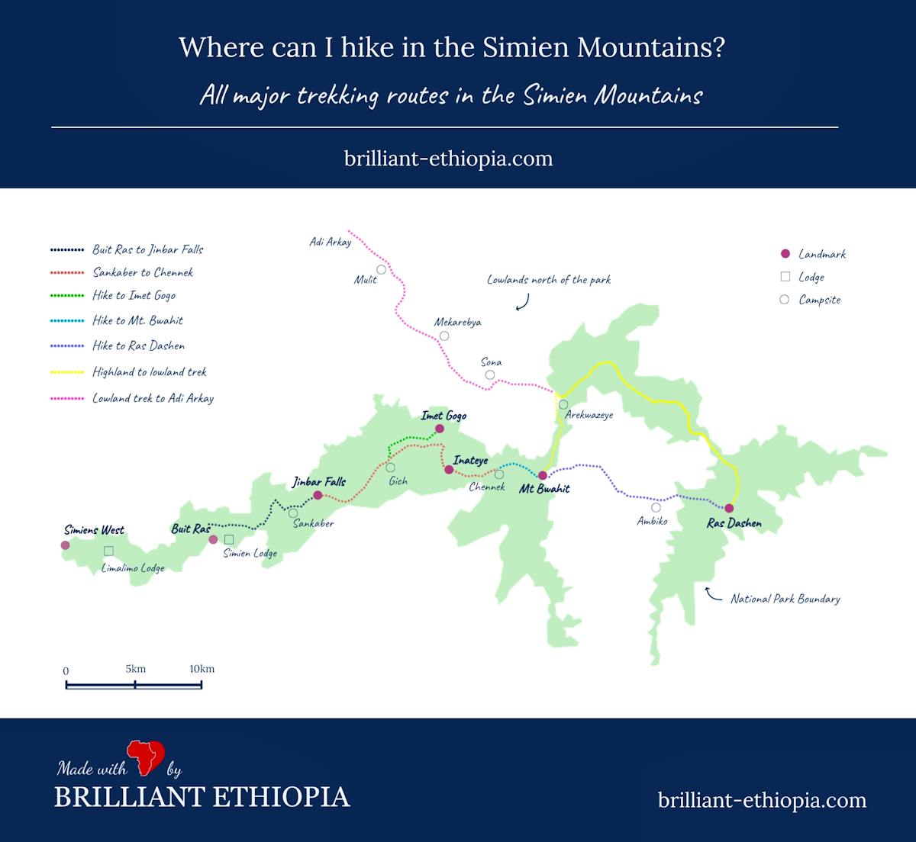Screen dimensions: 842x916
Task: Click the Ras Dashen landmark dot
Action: [729, 508]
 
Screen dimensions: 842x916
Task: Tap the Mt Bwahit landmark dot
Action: [543, 475]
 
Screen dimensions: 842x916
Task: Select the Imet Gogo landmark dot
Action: [439, 429]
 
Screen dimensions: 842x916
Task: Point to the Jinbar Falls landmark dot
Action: [318, 495]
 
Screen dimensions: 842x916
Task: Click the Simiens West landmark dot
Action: [65, 545]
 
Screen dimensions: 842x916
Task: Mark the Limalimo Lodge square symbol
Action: [108, 551]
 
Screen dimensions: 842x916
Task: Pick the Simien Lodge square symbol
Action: [228, 539]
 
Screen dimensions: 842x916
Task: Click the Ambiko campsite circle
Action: [656, 507]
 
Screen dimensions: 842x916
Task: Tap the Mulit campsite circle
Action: [381, 269]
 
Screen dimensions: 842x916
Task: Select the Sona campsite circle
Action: [490, 374]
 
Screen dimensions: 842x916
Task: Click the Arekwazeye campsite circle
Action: [563, 404]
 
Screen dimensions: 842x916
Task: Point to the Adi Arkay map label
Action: [331, 243]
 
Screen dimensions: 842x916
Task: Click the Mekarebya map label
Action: [458, 322]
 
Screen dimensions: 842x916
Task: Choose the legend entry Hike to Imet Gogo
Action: [134, 296]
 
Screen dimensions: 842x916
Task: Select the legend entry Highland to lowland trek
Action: [150, 372]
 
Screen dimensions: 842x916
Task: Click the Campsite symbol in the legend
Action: [784, 300]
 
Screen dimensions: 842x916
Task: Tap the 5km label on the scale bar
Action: [136, 669]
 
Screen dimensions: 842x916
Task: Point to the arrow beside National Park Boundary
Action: [713, 594]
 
